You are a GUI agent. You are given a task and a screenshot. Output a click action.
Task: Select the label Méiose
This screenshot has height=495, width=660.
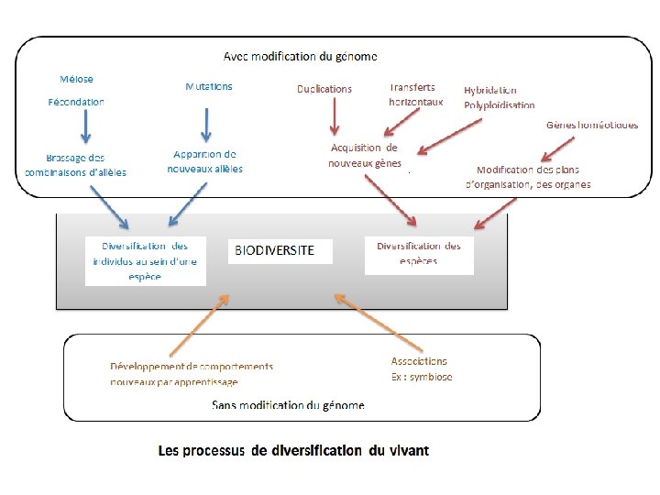tap(76, 79)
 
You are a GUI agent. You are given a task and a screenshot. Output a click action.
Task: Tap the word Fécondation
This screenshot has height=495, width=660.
tap(76, 102)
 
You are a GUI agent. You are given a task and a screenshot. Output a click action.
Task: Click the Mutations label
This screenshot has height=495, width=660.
tap(209, 86)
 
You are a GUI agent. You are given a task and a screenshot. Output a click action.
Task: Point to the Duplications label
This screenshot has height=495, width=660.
tap(324, 89)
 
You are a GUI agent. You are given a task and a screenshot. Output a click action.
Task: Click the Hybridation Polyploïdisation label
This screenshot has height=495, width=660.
tap(499, 97)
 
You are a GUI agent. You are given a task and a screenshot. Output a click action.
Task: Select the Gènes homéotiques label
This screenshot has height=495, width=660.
tap(592, 124)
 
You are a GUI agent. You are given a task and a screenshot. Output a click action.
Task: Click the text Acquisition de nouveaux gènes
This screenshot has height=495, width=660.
tap(365, 155)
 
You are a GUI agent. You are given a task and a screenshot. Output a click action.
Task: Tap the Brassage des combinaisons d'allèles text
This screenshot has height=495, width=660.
tap(75, 165)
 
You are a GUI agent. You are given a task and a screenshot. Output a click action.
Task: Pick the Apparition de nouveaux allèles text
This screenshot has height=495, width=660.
tap(205, 161)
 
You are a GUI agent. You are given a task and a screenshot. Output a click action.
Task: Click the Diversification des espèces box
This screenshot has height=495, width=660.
tap(419, 254)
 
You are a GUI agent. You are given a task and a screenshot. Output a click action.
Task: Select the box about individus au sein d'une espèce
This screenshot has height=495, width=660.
tap(146, 261)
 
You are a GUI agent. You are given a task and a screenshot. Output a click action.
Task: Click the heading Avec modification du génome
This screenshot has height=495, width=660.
tap(301, 57)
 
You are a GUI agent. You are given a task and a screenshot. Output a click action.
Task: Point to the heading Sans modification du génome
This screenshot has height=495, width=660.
tap(288, 404)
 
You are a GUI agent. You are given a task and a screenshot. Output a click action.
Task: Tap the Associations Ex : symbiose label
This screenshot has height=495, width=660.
tap(422, 368)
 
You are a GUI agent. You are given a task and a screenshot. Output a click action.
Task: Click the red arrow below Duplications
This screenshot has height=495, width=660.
tap(335, 116)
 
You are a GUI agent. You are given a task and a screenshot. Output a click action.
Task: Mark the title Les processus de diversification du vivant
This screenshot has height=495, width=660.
tap(293, 450)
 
